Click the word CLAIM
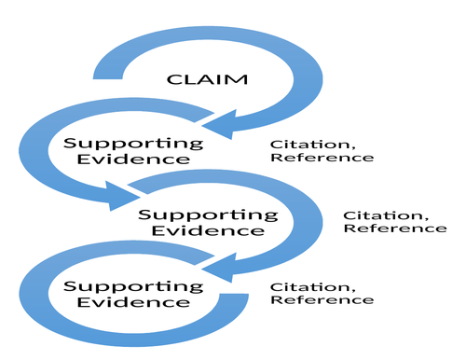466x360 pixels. (207, 78)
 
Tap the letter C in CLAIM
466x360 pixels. (172, 78)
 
